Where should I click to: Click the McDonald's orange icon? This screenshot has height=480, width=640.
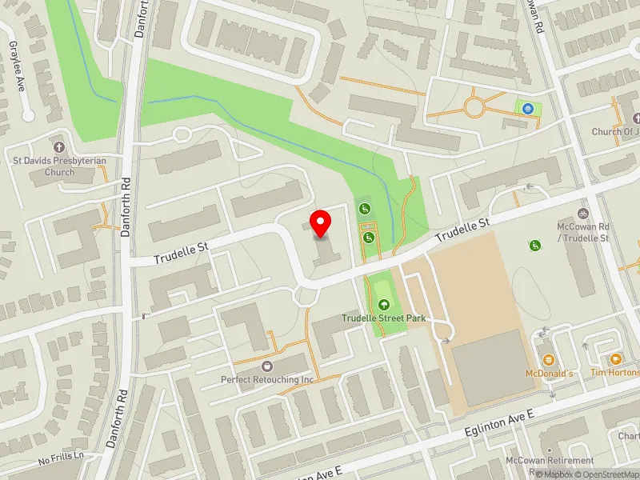[549, 360]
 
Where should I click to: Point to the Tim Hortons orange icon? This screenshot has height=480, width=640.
[615, 360]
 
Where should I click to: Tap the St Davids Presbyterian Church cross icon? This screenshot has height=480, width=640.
[58, 147]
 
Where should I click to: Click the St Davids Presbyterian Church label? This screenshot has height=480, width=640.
[59, 166]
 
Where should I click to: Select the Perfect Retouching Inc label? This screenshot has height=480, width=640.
[267, 378]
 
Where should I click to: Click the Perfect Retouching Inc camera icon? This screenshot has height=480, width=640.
[267, 366]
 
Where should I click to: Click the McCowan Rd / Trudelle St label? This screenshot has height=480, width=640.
[583, 233]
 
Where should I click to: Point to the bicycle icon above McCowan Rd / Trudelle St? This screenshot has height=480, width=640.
[583, 214]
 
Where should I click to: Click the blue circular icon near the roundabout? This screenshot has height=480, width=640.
[527, 108]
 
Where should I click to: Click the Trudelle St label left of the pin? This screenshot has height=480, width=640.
[180, 253]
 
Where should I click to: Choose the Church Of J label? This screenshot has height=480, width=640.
[615, 132]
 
